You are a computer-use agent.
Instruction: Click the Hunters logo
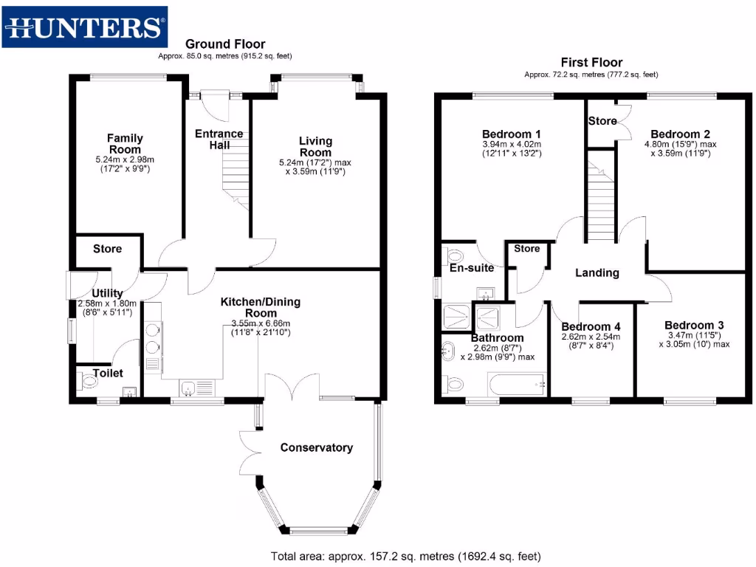[x=85, y=27]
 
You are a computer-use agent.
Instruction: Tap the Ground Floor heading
[x=225, y=44]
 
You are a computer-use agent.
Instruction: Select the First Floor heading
[x=591, y=62]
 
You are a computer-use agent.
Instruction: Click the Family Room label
[x=125, y=144]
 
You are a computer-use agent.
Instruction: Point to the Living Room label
[x=315, y=147]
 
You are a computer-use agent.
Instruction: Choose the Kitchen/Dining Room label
[x=261, y=307]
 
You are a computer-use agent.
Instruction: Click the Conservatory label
[x=316, y=447]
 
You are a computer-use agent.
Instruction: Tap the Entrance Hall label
[x=219, y=140]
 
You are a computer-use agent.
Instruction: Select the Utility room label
[x=107, y=293]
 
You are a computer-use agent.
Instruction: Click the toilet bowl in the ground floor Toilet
[x=88, y=382]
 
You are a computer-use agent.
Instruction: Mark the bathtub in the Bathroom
[x=517, y=385]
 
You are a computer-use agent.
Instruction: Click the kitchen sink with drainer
[x=197, y=388]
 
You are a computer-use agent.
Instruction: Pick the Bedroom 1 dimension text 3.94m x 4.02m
[x=512, y=144]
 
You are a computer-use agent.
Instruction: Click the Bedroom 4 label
[x=591, y=326]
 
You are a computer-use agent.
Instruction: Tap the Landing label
[x=597, y=273]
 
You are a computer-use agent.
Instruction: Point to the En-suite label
[x=472, y=268]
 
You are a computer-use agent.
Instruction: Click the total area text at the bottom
[x=405, y=557]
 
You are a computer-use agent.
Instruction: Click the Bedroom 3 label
[x=694, y=326]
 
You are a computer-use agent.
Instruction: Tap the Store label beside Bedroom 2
[x=602, y=121]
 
